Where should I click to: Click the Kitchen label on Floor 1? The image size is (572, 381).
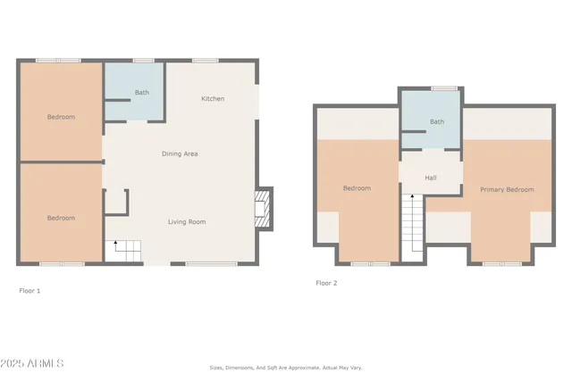(x=212, y=98)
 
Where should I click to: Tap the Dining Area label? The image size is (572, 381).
(x=179, y=154)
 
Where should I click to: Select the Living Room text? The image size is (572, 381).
(x=187, y=221)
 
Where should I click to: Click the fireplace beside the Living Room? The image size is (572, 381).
(x=263, y=209)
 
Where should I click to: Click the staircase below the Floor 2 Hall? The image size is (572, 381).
(x=411, y=227)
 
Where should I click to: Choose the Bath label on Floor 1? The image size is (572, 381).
(x=142, y=93)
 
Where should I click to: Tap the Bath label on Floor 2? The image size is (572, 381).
(x=436, y=122)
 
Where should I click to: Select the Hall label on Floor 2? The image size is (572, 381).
(x=431, y=178)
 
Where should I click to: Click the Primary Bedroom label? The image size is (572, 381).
(x=507, y=189)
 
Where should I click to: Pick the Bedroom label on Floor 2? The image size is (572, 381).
(x=357, y=188)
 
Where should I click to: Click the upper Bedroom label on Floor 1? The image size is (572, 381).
(x=61, y=117)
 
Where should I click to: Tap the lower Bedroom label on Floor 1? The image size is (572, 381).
(x=61, y=218)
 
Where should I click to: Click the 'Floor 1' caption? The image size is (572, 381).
(x=29, y=291)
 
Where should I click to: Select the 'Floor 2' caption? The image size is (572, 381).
(x=326, y=283)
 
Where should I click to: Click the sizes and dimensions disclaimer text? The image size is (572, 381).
(x=286, y=367)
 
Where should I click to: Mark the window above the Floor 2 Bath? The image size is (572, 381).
(x=444, y=88)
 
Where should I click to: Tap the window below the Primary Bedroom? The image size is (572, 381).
(x=501, y=264)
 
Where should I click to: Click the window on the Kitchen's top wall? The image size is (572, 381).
(x=206, y=61)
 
